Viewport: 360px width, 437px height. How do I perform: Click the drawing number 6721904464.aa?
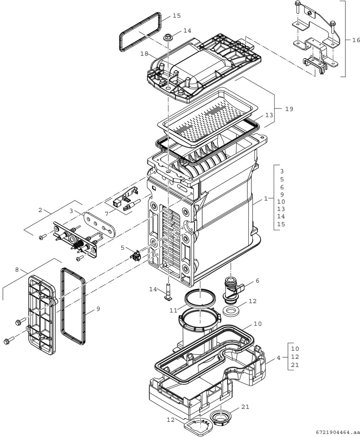335,432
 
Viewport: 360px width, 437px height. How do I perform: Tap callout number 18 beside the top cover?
145,53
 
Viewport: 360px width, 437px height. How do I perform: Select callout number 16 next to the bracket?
356,40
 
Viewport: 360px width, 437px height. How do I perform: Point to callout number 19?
288,109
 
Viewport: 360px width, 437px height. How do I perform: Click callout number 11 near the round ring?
173,310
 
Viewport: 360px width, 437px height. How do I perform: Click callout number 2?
40,210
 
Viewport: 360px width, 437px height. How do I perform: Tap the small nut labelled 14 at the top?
168,38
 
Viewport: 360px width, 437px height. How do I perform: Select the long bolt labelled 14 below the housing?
168,291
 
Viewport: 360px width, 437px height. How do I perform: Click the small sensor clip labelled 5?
135,255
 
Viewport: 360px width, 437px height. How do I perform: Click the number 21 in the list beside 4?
295,365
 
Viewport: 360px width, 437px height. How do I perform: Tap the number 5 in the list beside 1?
282,179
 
